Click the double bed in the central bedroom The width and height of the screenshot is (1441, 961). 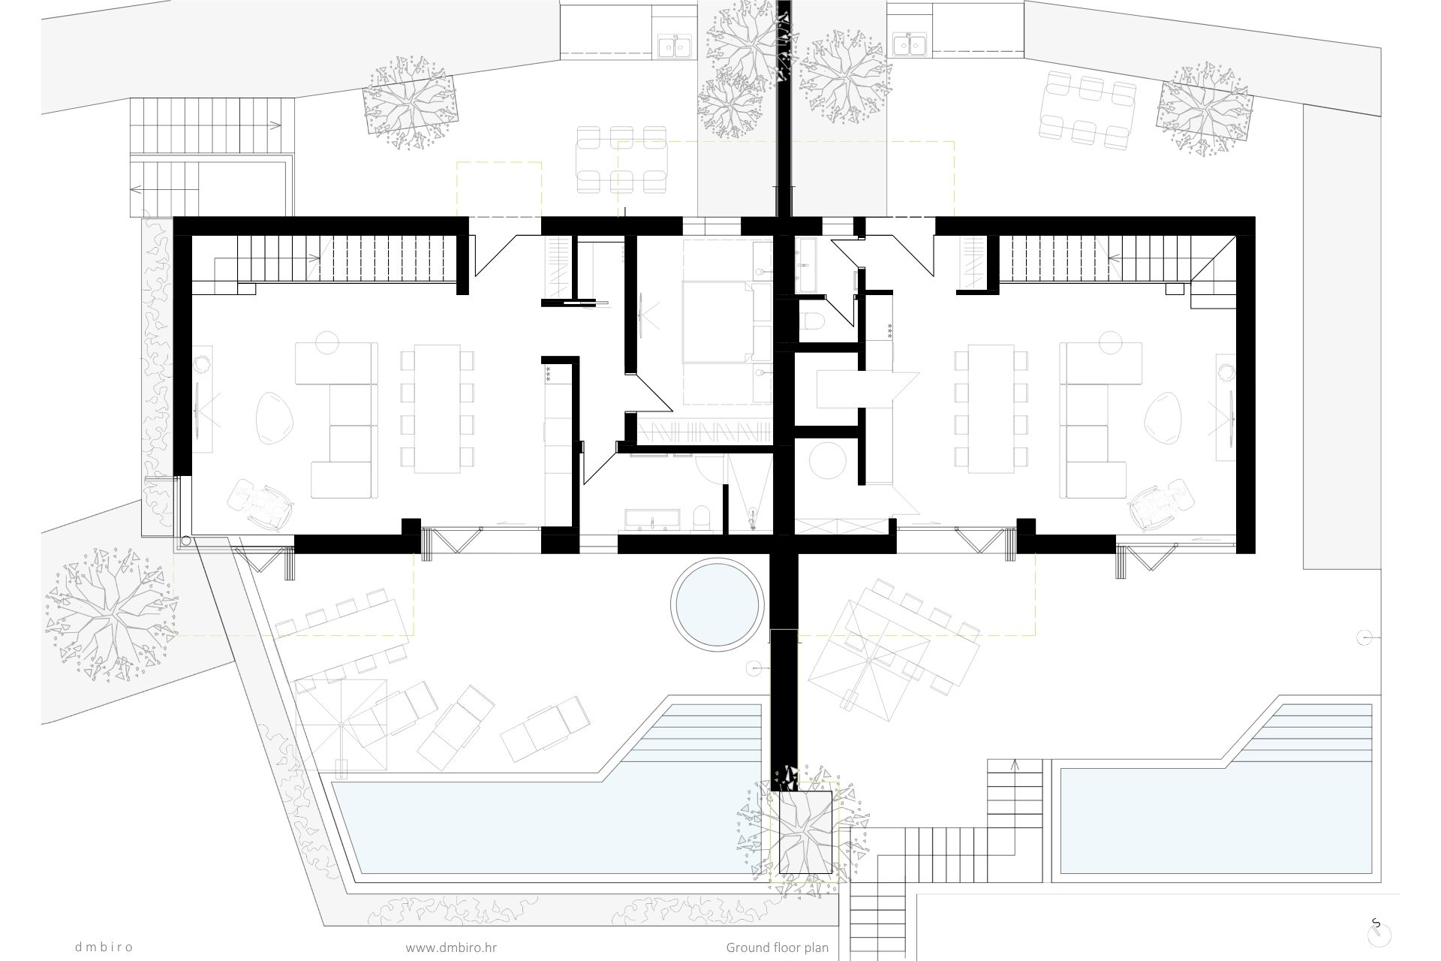pos(717,321)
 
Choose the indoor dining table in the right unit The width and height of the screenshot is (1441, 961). pos(991,408)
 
